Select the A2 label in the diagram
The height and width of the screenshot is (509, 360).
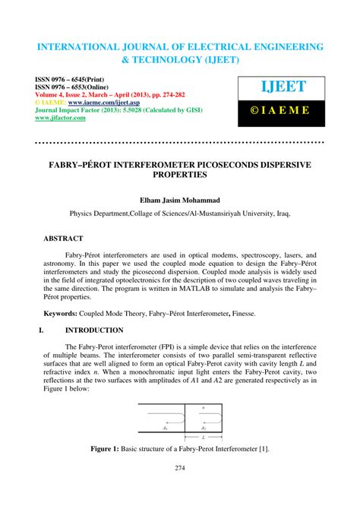point(202,427)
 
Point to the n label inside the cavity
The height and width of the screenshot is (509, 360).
point(203,407)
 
